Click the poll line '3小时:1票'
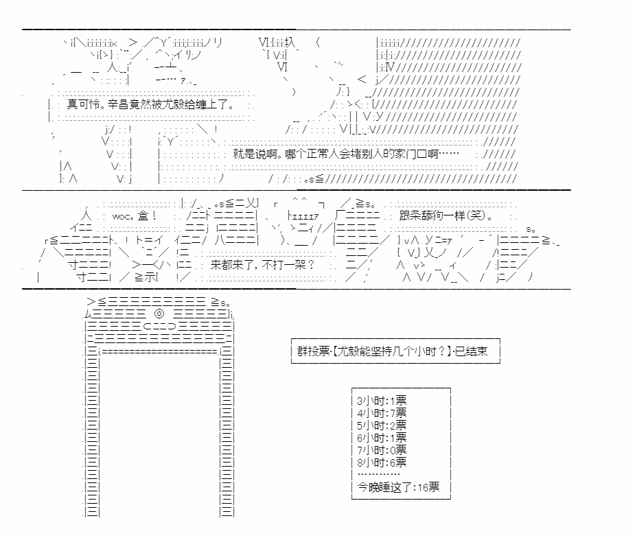point(382,400)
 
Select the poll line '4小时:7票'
point(382,412)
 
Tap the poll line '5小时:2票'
point(382,425)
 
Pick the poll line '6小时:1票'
point(382,437)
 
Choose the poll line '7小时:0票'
point(382,449)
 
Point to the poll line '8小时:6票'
point(382,462)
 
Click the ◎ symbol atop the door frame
point(160,313)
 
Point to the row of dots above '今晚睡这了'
point(378,474)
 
